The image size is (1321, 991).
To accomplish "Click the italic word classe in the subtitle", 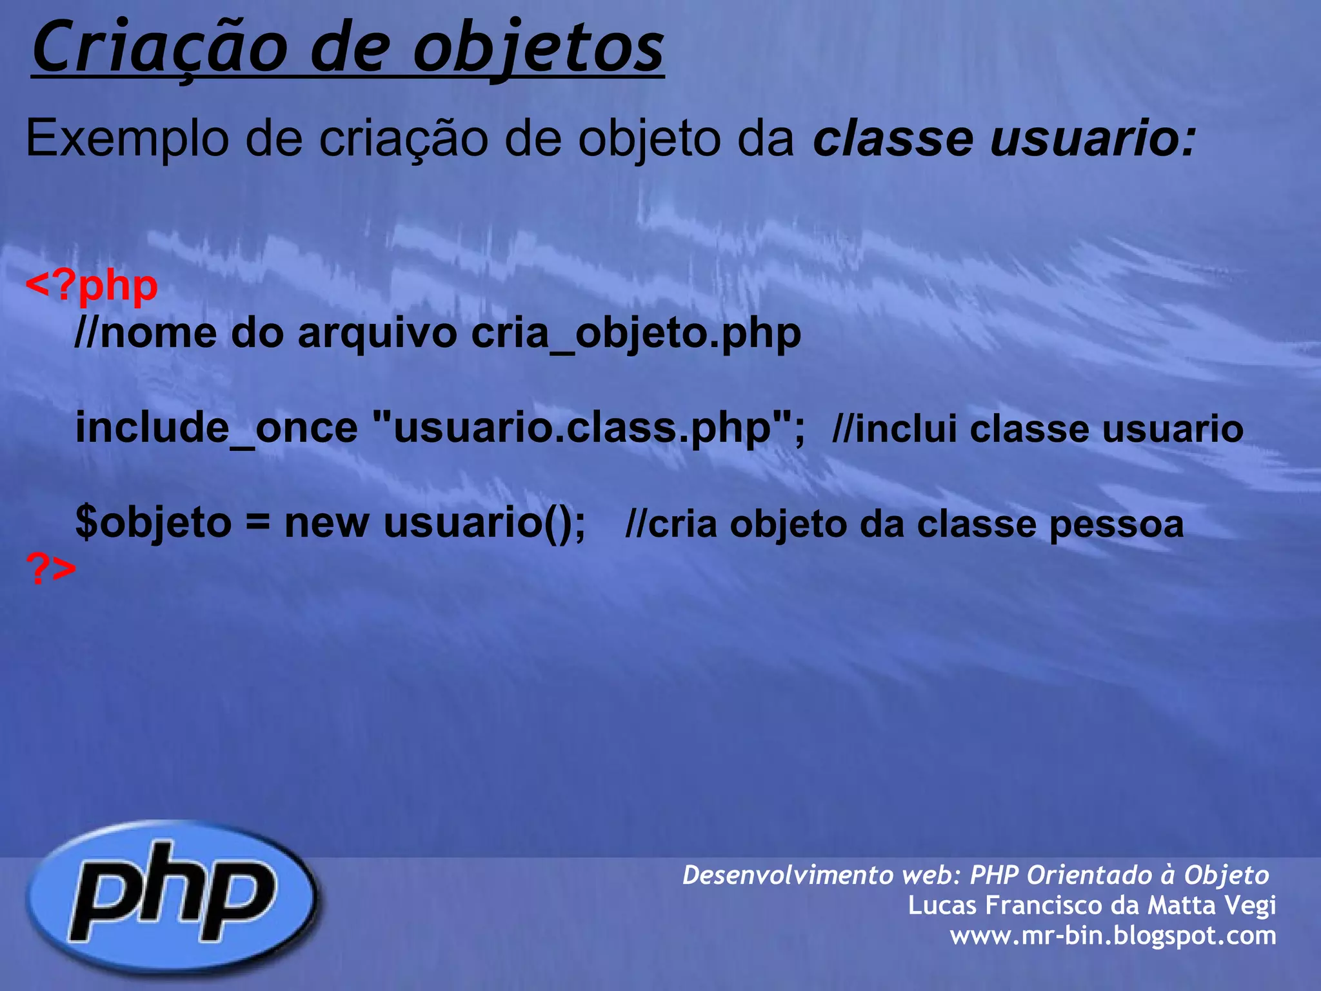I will [x=893, y=138].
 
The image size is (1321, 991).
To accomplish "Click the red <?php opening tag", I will [x=92, y=285].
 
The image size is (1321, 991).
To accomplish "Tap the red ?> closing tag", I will [x=51, y=569].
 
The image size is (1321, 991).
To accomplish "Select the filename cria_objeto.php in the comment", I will [x=636, y=334].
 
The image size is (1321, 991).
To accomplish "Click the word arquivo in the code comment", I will [x=377, y=334].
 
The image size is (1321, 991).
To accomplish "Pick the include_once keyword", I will [x=216, y=428].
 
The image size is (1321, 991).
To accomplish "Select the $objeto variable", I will [x=154, y=523].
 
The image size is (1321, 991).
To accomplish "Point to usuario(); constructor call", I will [x=484, y=523].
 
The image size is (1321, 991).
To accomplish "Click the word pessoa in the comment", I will [x=1116, y=524].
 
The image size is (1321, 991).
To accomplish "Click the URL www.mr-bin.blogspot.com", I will [x=1113, y=935].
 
